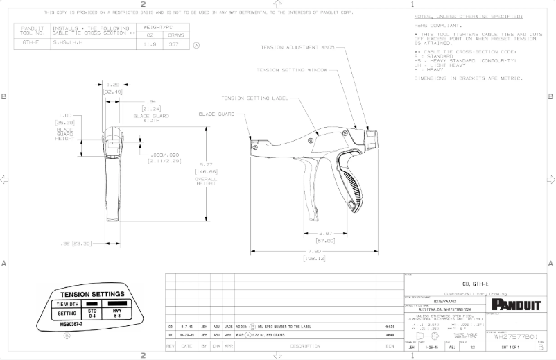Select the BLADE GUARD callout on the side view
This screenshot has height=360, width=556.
216,114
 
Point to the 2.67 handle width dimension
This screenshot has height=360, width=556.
328,234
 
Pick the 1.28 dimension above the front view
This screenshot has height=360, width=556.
113,84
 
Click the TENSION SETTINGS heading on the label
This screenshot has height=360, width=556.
92,294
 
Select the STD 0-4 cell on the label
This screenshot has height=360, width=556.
92,313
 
